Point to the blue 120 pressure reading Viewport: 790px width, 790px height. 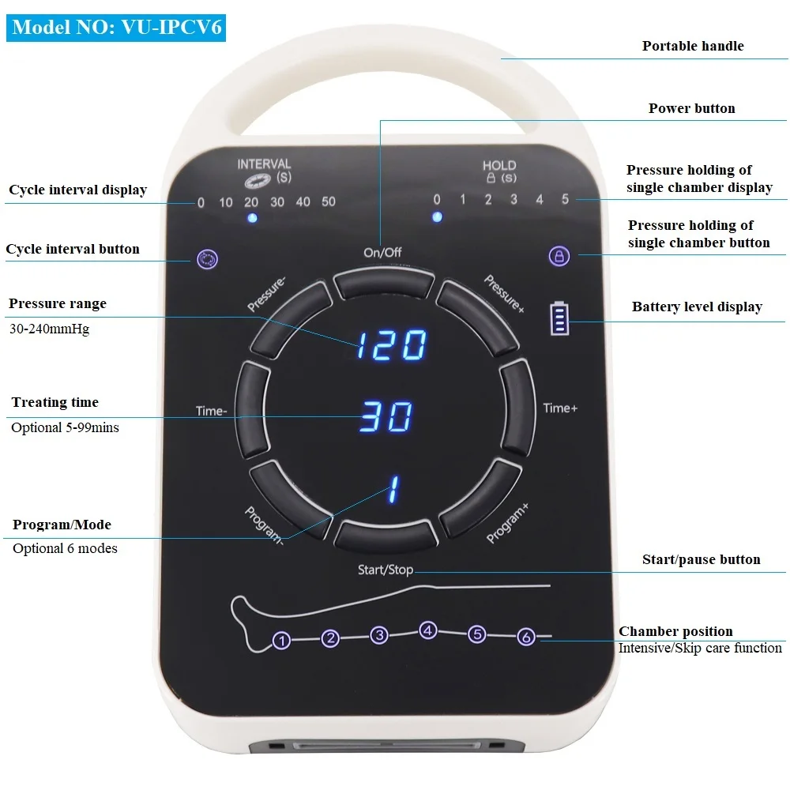[x=390, y=345]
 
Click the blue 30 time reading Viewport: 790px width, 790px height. [x=386, y=416]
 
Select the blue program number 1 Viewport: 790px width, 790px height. [x=391, y=490]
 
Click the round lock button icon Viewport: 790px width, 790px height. [x=559, y=256]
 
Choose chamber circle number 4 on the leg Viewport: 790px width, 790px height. [x=428, y=630]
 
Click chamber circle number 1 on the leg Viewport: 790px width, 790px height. [x=281, y=641]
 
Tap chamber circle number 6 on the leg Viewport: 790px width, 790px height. [x=526, y=636]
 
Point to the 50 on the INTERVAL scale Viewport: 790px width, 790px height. [x=329, y=202]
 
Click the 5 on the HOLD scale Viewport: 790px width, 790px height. [x=566, y=199]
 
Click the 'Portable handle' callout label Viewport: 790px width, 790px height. [x=693, y=46]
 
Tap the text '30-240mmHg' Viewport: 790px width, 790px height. [x=51, y=329]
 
